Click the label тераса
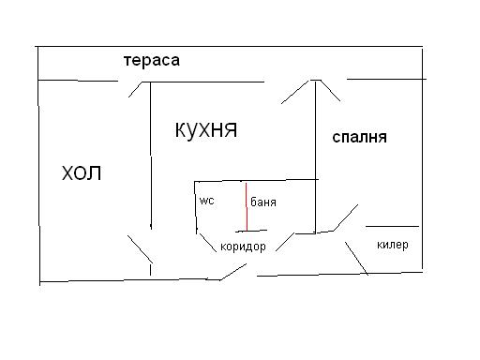click(x=150, y=61)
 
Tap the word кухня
click(x=205, y=129)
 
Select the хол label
click(x=81, y=173)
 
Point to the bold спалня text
click(x=360, y=137)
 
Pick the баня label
click(x=263, y=202)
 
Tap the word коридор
click(x=243, y=247)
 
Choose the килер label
click(x=392, y=245)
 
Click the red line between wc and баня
click(x=246, y=206)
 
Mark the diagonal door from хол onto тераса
click(x=137, y=89)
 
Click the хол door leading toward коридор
click(x=139, y=248)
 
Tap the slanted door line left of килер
click(x=355, y=258)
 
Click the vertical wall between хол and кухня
click(x=151, y=155)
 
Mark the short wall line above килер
click(x=392, y=226)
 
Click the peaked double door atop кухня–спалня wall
click(x=316, y=87)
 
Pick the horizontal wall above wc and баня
click(x=255, y=180)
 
